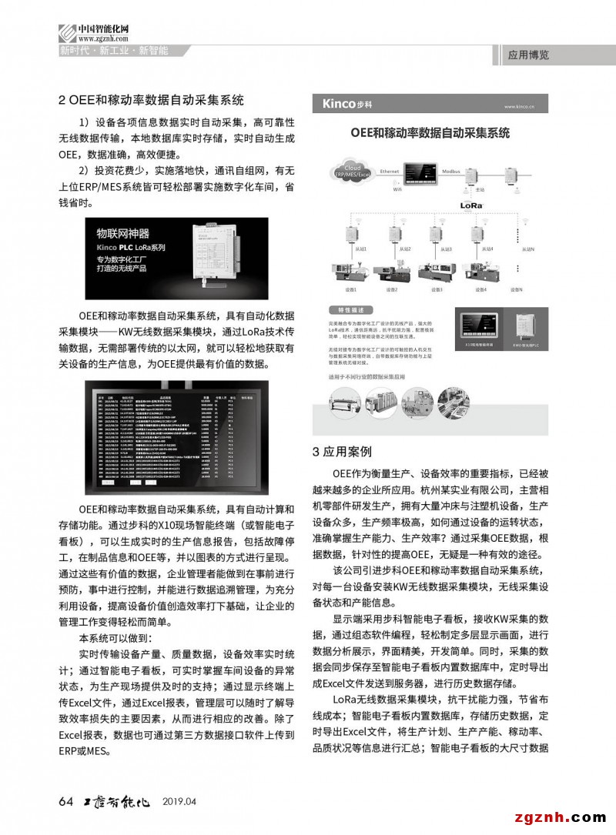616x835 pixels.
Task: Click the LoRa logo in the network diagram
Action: click(471, 206)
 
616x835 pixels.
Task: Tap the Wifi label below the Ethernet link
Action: click(397, 189)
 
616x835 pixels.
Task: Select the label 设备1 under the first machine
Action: click(351, 289)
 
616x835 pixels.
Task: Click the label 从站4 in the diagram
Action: click(487, 249)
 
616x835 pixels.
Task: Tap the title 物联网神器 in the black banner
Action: click(122, 232)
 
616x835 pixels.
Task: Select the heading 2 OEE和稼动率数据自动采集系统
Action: click(151, 100)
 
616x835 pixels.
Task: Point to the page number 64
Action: click(65, 801)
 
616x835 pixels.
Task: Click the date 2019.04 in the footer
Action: click(180, 802)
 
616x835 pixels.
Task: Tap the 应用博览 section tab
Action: click(529, 55)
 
